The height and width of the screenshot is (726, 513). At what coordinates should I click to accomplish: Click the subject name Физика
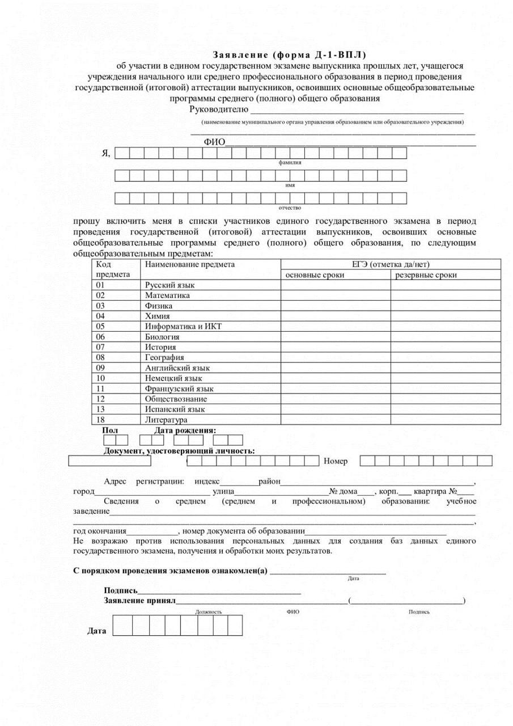(159, 306)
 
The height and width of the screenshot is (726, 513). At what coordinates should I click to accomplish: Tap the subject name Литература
(166, 420)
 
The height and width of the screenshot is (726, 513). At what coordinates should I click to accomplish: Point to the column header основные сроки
(315, 275)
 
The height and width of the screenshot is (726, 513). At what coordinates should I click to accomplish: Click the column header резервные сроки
(426, 275)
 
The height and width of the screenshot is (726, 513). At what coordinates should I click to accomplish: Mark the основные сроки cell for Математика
(336, 296)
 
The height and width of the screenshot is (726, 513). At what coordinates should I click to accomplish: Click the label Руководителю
(219, 109)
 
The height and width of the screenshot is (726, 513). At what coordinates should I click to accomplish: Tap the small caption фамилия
(290, 162)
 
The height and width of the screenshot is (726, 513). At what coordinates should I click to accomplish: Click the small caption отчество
(290, 208)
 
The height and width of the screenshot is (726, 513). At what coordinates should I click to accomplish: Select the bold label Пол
(110, 430)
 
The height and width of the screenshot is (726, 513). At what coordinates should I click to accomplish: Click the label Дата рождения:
(185, 430)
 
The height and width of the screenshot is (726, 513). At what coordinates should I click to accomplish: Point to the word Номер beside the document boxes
(336, 461)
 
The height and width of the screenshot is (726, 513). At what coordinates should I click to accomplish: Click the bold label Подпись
(121, 590)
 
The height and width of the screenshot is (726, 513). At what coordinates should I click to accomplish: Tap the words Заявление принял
(139, 600)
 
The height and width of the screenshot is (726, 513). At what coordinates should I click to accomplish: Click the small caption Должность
(209, 612)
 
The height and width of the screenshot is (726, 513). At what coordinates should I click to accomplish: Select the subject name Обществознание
(176, 399)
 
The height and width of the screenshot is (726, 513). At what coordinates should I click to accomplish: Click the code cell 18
(101, 420)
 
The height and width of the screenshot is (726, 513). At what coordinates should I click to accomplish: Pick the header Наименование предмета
(190, 264)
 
